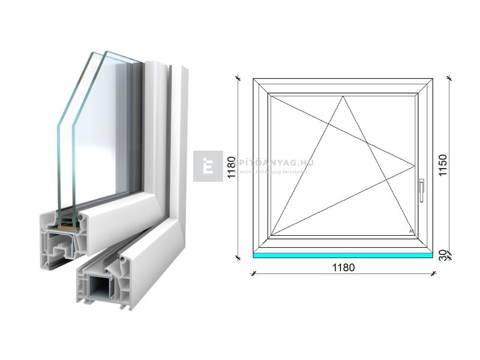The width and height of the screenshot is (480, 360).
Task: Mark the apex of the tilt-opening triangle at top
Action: pyautogui.click(x=344, y=97)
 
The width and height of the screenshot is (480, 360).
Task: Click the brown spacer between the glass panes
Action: pyautogui.click(x=67, y=226)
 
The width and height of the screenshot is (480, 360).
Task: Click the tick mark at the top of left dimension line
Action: pyautogui.click(x=238, y=78)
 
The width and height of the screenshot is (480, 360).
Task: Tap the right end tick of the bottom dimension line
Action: pyautogui.click(x=434, y=274)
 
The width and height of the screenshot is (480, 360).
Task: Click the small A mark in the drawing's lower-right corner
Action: pyautogui.click(x=410, y=231)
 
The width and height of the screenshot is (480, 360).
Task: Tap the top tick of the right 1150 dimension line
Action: pyautogui.click(x=449, y=78)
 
